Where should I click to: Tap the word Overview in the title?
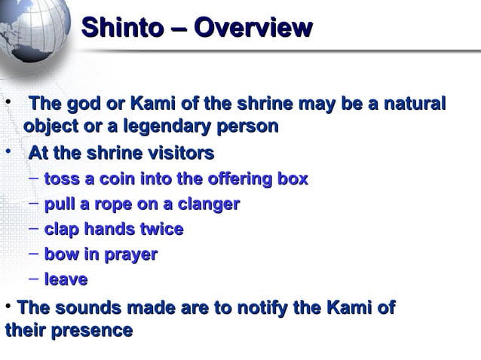[x=253, y=28]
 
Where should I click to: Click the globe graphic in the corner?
[x=30, y=30]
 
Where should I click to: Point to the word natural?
[x=414, y=103]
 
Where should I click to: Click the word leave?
[x=66, y=280]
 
